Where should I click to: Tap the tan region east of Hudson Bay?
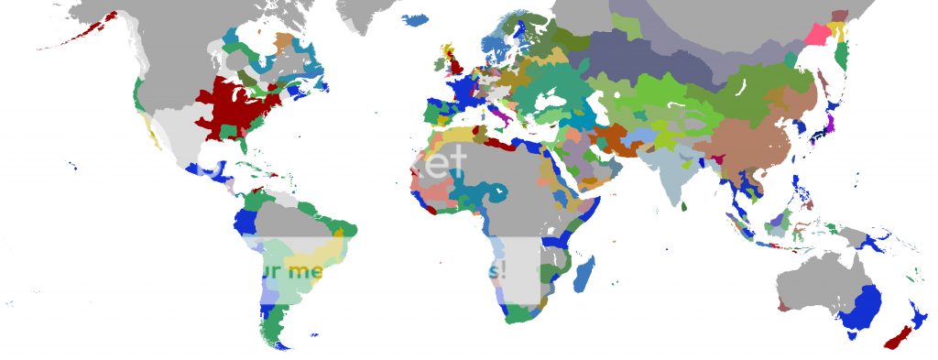point(281,42)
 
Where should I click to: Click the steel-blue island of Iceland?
point(414,19)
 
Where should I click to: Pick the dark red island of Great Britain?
point(453,67)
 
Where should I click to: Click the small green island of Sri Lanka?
point(684,208)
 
